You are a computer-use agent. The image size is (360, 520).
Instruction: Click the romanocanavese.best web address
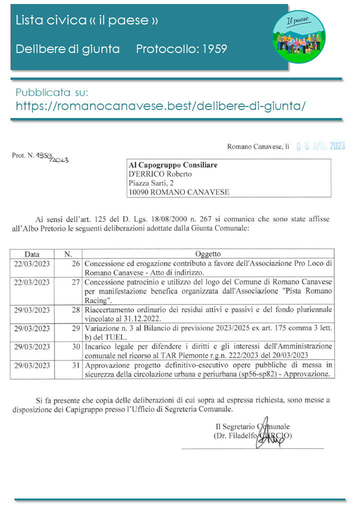coord(160,106)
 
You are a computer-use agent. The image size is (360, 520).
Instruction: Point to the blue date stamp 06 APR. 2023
coord(320,146)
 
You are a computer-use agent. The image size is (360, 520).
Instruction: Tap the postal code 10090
coord(139,192)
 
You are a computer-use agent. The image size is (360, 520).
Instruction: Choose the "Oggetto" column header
coord(208,254)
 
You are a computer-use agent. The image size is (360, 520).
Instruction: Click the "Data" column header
coord(32,254)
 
